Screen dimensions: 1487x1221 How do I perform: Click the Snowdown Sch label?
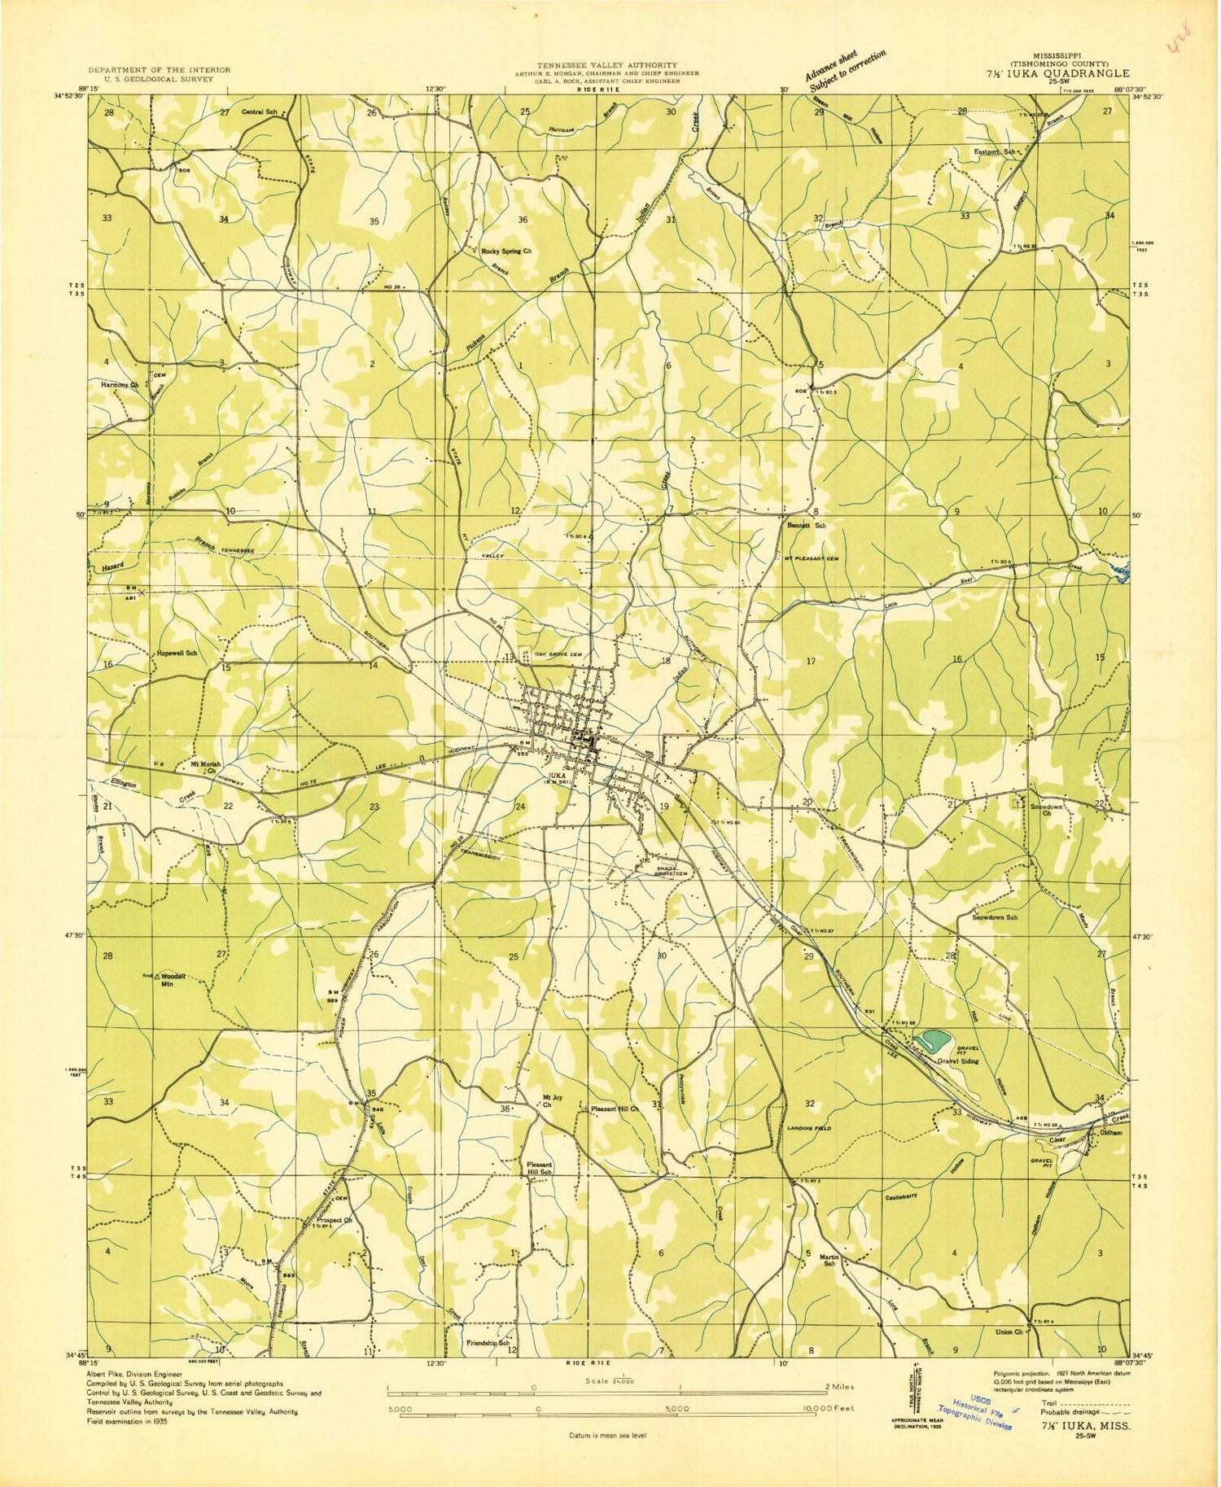point(995,917)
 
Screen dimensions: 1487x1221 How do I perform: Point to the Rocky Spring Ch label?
point(505,251)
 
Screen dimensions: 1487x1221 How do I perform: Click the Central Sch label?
point(260,112)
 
